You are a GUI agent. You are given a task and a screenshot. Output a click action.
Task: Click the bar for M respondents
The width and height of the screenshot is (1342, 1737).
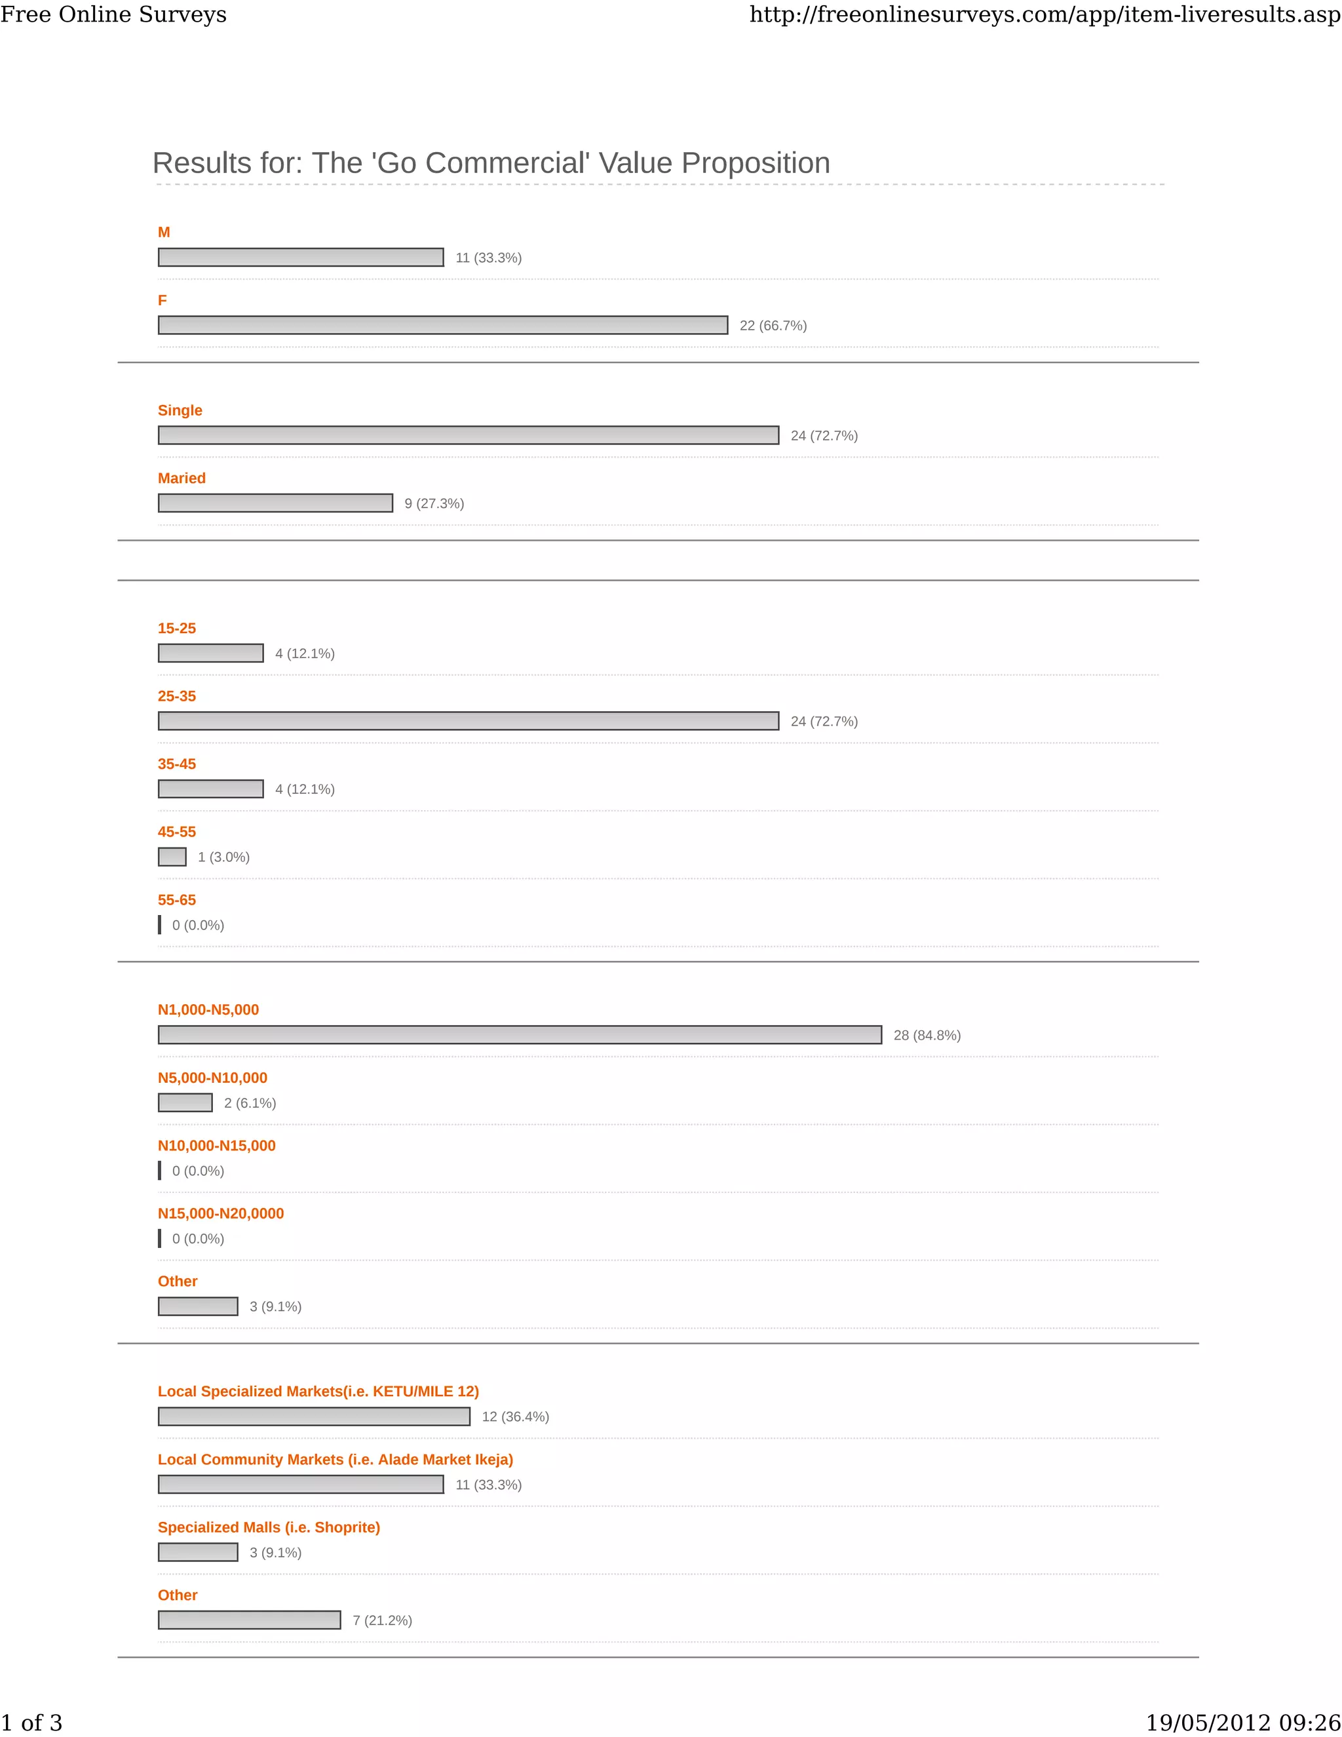point(301,257)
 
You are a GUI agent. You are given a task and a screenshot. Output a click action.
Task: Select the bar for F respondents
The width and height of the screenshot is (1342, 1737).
point(443,325)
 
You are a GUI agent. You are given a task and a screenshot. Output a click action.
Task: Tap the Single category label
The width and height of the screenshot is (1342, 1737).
point(180,410)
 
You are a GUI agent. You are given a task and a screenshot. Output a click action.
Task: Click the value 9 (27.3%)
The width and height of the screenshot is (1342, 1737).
point(434,503)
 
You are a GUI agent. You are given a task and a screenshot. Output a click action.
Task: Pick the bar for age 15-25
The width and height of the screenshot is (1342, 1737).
point(211,653)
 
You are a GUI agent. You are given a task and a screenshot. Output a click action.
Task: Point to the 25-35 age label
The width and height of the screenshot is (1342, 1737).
point(176,696)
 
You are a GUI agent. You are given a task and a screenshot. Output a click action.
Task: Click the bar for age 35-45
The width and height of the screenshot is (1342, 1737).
point(211,789)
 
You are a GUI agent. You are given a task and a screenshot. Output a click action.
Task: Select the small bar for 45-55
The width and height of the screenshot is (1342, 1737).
point(172,857)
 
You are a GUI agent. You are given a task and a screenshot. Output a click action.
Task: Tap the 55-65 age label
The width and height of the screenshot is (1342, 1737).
point(176,899)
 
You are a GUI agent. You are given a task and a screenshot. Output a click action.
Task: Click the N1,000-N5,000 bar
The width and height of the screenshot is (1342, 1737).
point(520,1035)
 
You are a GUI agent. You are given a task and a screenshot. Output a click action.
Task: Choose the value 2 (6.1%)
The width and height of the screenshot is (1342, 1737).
point(250,1103)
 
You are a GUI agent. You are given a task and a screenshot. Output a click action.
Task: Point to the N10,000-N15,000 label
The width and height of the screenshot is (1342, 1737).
point(216,1145)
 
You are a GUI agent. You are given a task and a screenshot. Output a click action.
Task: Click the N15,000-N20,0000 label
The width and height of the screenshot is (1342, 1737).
point(220,1214)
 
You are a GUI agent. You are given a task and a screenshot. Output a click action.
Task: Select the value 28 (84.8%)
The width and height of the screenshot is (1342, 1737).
point(927,1035)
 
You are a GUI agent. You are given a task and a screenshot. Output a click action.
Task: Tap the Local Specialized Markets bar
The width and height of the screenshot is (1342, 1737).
point(314,1416)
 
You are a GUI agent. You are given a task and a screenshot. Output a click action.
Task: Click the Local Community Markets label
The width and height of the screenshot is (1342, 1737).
point(335,1460)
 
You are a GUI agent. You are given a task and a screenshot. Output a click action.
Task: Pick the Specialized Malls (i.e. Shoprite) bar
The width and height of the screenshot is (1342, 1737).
point(198,1552)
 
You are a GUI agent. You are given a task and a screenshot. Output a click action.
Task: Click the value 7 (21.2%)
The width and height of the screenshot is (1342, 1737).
point(383,1620)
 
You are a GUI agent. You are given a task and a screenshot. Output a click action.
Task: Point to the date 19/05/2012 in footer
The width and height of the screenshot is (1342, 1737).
point(1208,1723)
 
